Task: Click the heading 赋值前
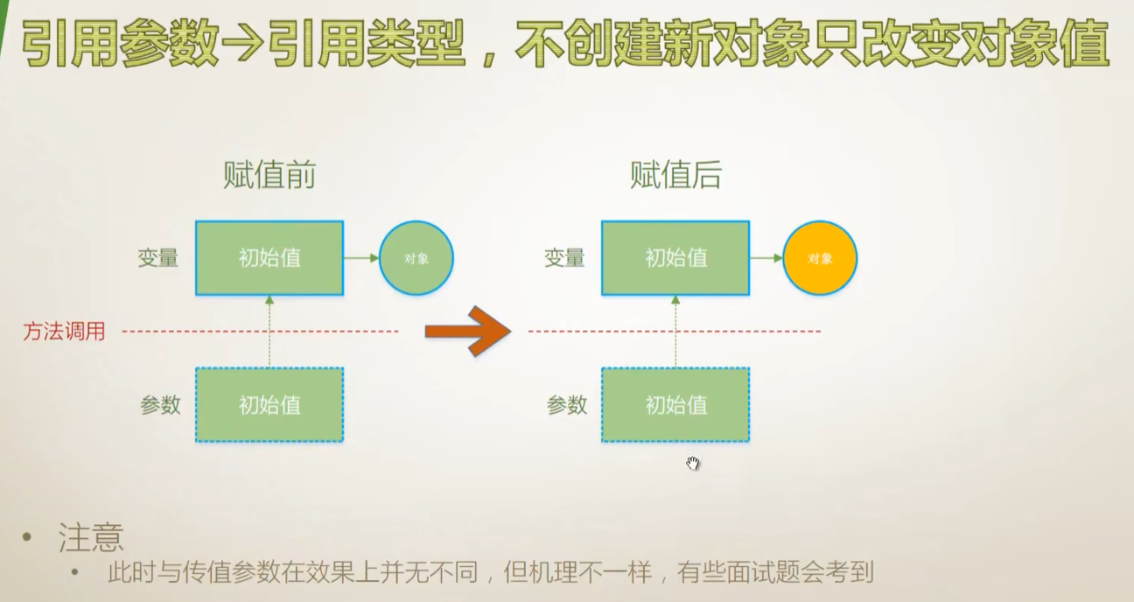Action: [269, 176]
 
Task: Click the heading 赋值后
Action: [675, 176]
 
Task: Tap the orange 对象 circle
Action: [820, 258]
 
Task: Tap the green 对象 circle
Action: [416, 258]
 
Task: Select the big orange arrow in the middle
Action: [467, 331]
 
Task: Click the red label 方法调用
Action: [64, 332]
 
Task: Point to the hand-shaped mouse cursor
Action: [693, 463]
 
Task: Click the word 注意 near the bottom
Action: [91, 537]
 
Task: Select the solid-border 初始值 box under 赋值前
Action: [269, 258]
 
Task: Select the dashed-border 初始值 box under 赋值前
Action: [269, 404]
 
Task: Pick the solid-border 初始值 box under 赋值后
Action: [675, 258]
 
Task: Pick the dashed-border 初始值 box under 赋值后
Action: [675, 404]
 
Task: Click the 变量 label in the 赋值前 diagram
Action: [158, 258]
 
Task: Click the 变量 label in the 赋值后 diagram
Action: [564, 258]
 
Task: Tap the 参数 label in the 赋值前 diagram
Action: [160, 405]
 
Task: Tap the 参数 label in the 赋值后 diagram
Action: [567, 405]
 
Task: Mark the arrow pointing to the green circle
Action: [361, 258]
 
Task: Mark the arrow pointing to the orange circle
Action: [766, 258]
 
